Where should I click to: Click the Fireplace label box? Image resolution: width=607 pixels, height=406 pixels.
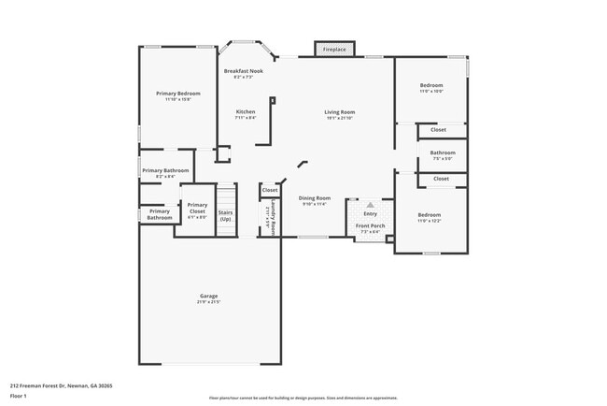pos(334,49)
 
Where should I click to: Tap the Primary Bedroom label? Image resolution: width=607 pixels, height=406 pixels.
pos(177,94)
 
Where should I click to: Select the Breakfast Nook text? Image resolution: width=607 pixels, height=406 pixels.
pos(243,71)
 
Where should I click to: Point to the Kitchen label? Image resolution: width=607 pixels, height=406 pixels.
pos(245,112)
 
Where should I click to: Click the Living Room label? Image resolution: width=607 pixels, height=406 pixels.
pos(340,112)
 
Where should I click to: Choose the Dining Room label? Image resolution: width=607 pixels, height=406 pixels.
pos(315,197)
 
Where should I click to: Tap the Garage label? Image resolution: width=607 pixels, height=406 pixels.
pos(208,296)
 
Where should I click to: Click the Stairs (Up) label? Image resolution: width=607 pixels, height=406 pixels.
pos(226,215)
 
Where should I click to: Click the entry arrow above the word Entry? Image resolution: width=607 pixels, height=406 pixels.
pos(370,204)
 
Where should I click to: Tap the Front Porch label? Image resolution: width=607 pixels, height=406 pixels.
pos(370,226)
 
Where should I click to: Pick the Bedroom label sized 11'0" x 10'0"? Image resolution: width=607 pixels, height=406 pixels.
pos(431,85)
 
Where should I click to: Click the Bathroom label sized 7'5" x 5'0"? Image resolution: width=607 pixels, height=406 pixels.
pos(443,152)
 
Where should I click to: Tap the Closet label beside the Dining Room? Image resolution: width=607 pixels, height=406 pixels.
pos(270,190)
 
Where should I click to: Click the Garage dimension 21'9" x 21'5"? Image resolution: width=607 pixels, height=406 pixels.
pos(208,302)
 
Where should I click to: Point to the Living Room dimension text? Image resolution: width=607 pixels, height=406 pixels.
pos(340,119)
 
